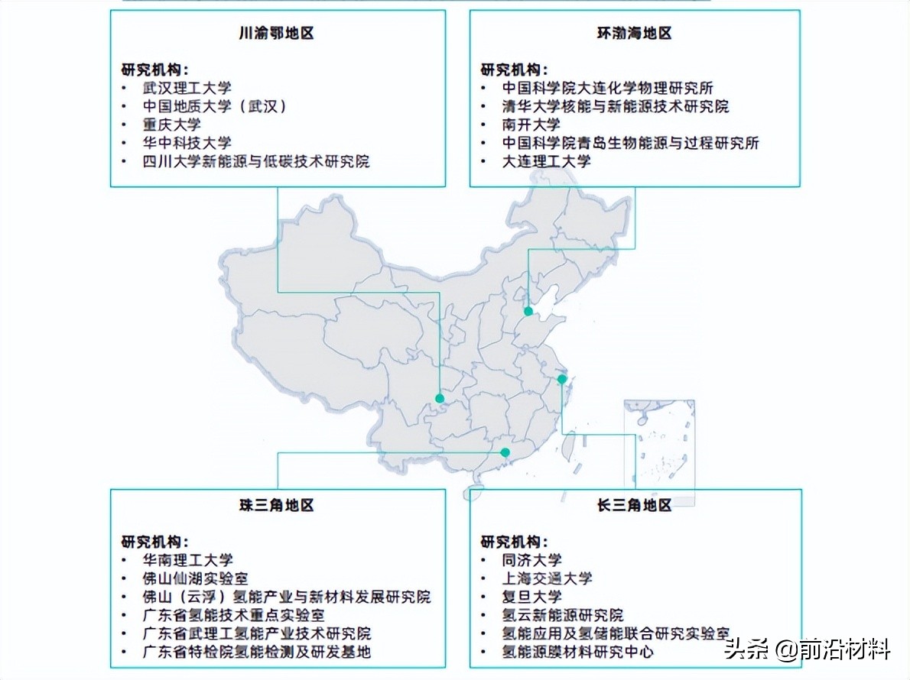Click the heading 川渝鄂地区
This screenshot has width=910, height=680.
[x=276, y=34]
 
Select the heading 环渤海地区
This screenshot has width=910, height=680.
[x=634, y=34]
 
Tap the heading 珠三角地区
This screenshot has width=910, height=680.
[x=276, y=505]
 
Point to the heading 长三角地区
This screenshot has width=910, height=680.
[x=634, y=505]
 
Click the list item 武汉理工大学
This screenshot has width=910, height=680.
[x=187, y=88]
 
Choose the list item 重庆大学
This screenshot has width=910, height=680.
[x=171, y=125]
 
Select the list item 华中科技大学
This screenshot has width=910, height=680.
[x=187, y=143]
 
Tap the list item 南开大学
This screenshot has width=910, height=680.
[x=531, y=125]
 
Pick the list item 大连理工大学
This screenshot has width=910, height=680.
[x=546, y=161]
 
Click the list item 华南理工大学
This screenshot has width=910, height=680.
[x=187, y=560]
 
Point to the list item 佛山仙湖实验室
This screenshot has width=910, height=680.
[x=195, y=578]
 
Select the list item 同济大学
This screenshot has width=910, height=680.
[x=531, y=560]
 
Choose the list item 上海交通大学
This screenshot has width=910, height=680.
[x=547, y=578]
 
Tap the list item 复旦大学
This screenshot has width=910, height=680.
[x=531, y=597]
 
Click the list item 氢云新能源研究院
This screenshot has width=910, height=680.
[x=562, y=615]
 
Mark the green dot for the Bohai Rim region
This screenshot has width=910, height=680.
[x=528, y=311]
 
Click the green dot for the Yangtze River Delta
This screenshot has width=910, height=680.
[x=562, y=379]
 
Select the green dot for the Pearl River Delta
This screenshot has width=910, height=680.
[x=505, y=452]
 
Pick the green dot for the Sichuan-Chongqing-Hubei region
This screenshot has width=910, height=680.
[x=440, y=398]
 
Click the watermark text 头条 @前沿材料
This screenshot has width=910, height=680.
[x=808, y=650]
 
